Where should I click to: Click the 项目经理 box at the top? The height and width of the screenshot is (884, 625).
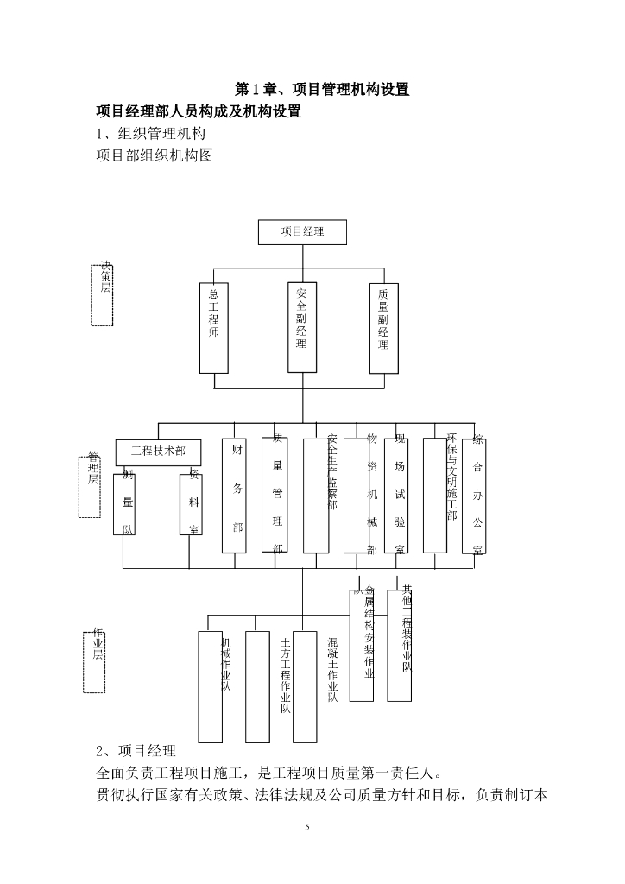click(302, 232)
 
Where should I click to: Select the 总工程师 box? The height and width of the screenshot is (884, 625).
click(212, 327)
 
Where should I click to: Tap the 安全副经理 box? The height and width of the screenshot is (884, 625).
click(301, 326)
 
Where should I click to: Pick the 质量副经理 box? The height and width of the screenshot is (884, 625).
click(382, 327)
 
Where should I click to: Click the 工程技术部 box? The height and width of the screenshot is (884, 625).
click(158, 451)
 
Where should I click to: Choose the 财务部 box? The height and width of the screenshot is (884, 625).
click(234, 496)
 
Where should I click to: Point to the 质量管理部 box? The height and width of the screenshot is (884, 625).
click(274, 496)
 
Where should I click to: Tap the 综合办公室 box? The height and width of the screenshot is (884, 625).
click(474, 496)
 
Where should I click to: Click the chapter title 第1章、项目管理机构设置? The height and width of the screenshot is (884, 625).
click(322, 89)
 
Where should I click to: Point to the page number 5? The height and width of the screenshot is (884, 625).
click(307, 828)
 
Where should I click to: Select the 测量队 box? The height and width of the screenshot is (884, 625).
click(124, 502)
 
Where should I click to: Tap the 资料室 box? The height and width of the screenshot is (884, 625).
click(191, 502)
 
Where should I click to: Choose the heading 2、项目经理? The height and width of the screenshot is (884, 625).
click(136, 749)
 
